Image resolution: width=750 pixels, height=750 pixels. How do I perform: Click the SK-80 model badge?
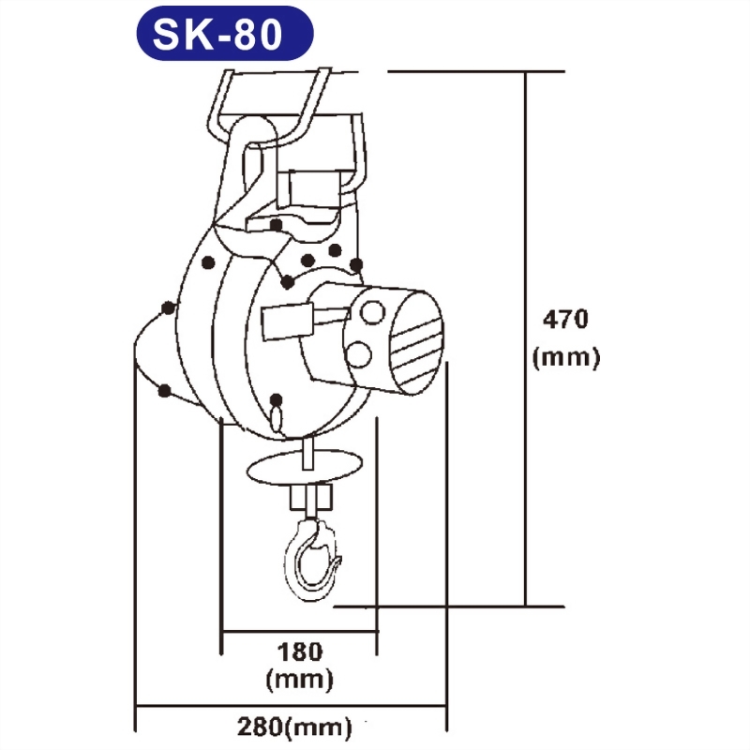click(x=225, y=34)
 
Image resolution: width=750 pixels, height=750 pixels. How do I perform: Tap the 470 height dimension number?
click(x=565, y=319)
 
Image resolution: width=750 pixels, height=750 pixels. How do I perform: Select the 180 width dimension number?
click(x=300, y=652)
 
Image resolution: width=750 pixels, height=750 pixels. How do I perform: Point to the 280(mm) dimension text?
click(x=294, y=728)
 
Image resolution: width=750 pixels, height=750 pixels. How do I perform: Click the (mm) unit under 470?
click(x=566, y=357)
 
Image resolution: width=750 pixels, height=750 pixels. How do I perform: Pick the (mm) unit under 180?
click(x=299, y=679)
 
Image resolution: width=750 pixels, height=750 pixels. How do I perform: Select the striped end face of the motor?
click(x=415, y=342)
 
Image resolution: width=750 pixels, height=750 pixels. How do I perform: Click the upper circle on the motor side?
click(x=372, y=313)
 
